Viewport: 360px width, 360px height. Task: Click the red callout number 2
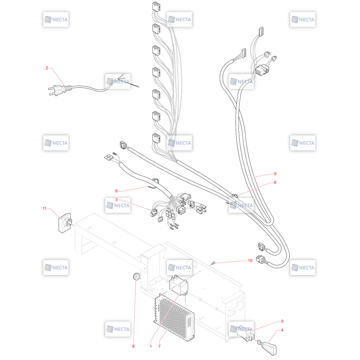pyautogui.click(x=47, y=68)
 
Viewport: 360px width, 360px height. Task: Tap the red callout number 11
pyautogui.click(x=44, y=208)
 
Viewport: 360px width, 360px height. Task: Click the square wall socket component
pyautogui.click(x=65, y=223)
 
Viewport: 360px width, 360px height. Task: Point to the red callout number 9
pyautogui.click(x=275, y=174)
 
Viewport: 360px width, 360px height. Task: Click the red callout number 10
pyautogui.click(x=250, y=261)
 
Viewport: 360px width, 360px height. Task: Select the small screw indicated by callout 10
pyautogui.click(x=213, y=263)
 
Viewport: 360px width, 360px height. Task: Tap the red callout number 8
pyautogui.click(x=133, y=346)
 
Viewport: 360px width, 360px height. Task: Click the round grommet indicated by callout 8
pyautogui.click(x=136, y=276)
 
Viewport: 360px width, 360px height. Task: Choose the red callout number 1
pyautogui.click(x=151, y=346)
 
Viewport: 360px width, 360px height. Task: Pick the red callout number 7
pyautogui.click(x=159, y=346)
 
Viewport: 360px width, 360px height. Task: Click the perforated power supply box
pyautogui.click(x=174, y=317)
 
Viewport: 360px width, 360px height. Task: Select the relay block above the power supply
pyautogui.click(x=178, y=285)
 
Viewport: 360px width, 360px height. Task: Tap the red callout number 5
pyautogui.click(x=282, y=321)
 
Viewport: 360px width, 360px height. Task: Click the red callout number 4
pyautogui.click(x=282, y=330)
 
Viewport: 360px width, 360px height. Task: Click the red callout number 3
pyautogui.click(x=117, y=199)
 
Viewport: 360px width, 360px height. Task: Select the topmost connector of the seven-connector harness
pyautogui.click(x=156, y=6)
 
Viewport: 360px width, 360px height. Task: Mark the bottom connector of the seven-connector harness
pyautogui.click(x=156, y=138)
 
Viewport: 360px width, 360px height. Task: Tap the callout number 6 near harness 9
pyautogui.click(x=275, y=182)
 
